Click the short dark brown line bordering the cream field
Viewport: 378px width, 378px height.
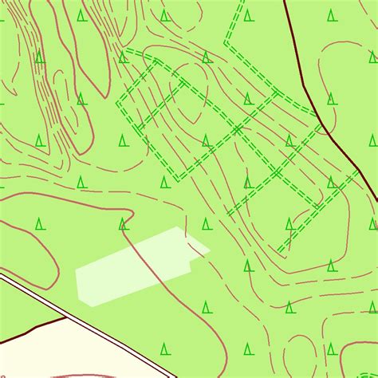tap(32, 326)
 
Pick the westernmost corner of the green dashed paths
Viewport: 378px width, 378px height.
tap(117, 103)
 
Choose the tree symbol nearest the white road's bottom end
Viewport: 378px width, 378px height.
tap(165, 348)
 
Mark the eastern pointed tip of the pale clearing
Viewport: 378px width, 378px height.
tap(210, 251)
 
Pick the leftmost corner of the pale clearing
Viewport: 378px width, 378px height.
tap(76, 271)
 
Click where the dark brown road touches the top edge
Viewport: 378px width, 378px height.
tap(285, 2)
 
